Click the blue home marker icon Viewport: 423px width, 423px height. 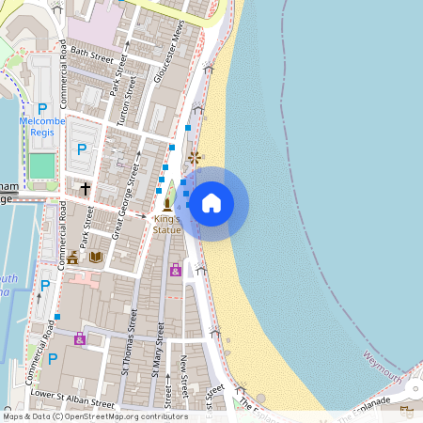211,202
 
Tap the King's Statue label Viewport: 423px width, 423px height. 167,224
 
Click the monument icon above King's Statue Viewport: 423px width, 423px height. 168,202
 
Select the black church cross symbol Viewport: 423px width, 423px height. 85,189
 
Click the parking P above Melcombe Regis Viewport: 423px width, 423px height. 42,109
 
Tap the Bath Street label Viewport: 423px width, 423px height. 91,51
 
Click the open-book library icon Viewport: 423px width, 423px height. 95,257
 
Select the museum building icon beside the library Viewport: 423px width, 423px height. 73,257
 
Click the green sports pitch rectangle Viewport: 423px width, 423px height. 42,166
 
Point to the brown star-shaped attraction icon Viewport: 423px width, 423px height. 195,157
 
